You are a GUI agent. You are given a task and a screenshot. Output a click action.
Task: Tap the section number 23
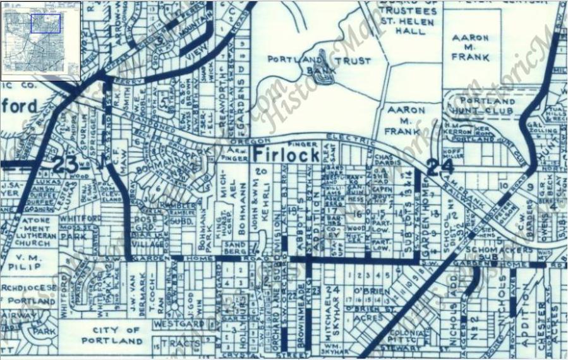(65, 165)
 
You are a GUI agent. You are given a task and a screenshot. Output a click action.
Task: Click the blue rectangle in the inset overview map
(45, 23)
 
